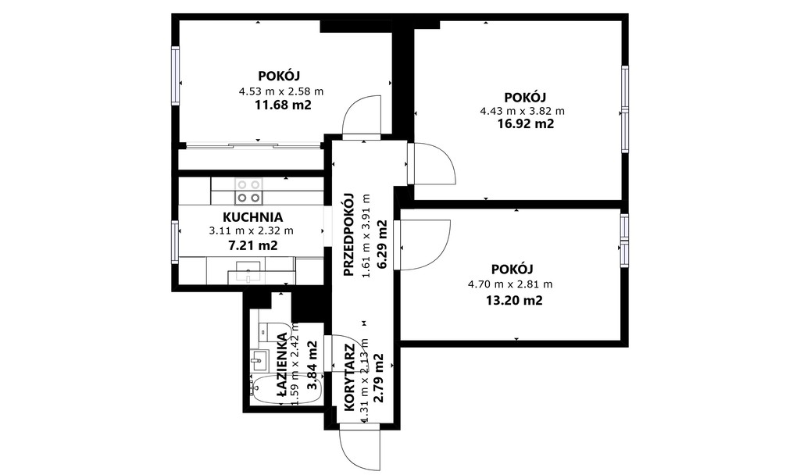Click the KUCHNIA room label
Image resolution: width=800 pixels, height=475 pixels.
[252, 217]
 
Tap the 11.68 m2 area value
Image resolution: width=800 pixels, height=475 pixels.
[283, 105]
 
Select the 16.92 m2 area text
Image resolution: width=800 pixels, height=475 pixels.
[526, 124]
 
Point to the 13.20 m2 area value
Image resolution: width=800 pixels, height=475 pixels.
[513, 301]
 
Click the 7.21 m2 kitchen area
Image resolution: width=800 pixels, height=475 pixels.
[252, 245]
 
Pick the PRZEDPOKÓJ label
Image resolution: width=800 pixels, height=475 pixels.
[349, 234]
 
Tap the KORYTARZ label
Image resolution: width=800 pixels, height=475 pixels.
[350, 378]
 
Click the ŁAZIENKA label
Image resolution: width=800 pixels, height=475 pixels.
[282, 364]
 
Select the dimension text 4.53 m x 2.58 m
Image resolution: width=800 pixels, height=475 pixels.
[281, 92]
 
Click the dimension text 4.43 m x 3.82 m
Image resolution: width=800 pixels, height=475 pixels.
[523, 111]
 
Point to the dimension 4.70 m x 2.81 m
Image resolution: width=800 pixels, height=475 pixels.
[510, 284]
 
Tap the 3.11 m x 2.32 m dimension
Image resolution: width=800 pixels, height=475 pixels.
[252, 230]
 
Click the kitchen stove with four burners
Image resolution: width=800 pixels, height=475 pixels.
[248, 191]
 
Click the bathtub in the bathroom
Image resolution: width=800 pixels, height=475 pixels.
[286, 390]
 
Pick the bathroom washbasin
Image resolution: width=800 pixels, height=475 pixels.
[259, 361]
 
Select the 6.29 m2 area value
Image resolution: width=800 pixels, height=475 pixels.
[381, 244]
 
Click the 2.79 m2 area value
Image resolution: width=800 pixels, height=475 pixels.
[379, 378]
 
